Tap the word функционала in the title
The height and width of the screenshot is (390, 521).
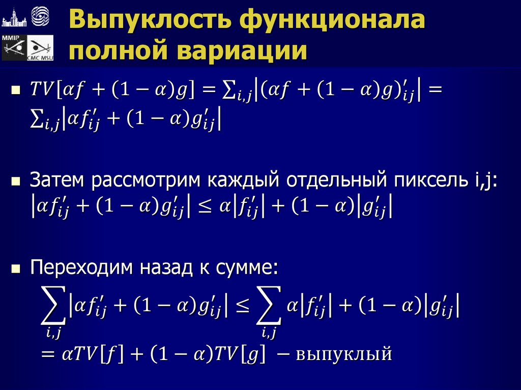[x=332, y=22]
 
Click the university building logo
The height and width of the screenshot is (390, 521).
[x=14, y=18]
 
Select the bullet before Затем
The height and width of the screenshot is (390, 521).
[x=16, y=181]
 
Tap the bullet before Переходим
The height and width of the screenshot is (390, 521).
[x=16, y=269]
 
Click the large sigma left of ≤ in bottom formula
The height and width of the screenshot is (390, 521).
[x=53, y=308]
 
